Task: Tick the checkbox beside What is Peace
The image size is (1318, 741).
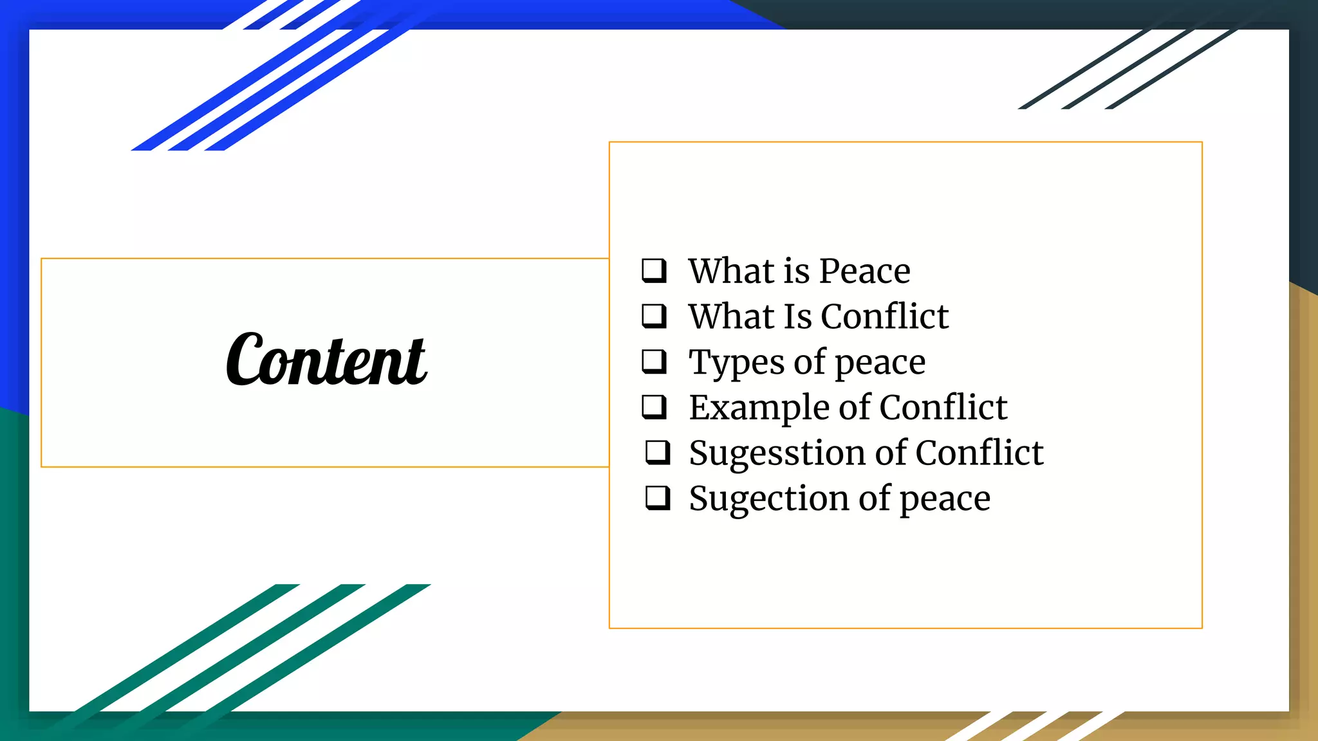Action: pyautogui.click(x=654, y=271)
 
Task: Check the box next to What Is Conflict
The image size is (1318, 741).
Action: pyautogui.click(x=654, y=316)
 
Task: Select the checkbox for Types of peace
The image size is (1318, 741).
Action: pyautogui.click(x=654, y=361)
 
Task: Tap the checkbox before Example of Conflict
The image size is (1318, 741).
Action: pyautogui.click(x=654, y=407)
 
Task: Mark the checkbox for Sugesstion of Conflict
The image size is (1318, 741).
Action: pyautogui.click(x=658, y=453)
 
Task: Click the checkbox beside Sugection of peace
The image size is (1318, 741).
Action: pyautogui.click(x=658, y=498)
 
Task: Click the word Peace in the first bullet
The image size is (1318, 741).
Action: pyautogui.click(x=864, y=271)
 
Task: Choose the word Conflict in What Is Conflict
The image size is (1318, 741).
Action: pyautogui.click(x=884, y=316)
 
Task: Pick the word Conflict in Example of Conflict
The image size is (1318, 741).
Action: pyautogui.click(x=943, y=408)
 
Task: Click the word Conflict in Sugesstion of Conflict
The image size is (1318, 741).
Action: pyautogui.click(x=979, y=453)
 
